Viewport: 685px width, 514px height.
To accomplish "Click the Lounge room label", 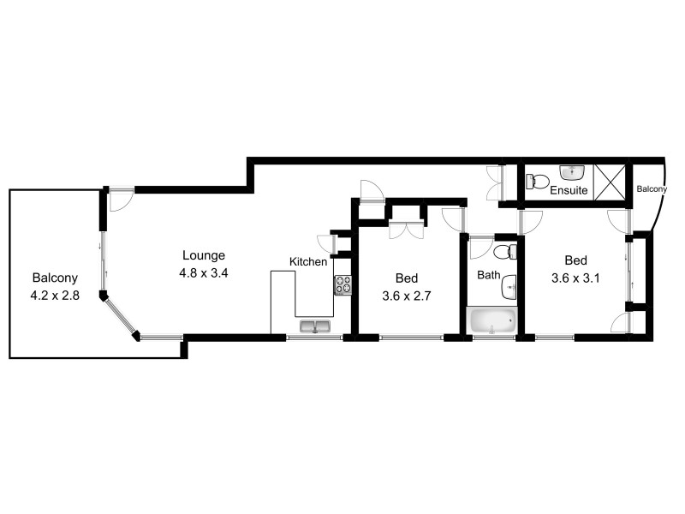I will [204, 255].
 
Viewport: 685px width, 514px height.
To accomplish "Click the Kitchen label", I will [307, 261].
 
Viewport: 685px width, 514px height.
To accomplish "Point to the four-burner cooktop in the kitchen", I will [342, 284].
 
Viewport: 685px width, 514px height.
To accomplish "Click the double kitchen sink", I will [315, 326].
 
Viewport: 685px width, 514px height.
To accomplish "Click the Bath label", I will [488, 275].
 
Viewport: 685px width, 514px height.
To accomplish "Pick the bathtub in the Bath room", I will [492, 321].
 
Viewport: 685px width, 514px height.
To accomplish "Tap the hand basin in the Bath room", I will [509, 284].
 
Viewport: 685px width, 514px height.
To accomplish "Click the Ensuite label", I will [569, 190].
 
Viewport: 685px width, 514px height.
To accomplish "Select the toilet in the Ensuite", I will [537, 182].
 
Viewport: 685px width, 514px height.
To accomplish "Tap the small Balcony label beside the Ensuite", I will [650, 188].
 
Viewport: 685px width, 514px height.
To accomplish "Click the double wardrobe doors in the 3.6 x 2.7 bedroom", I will [407, 229].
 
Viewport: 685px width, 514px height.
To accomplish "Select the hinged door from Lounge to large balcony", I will [120, 198].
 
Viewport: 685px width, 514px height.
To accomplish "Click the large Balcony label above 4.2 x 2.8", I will [55, 278].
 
